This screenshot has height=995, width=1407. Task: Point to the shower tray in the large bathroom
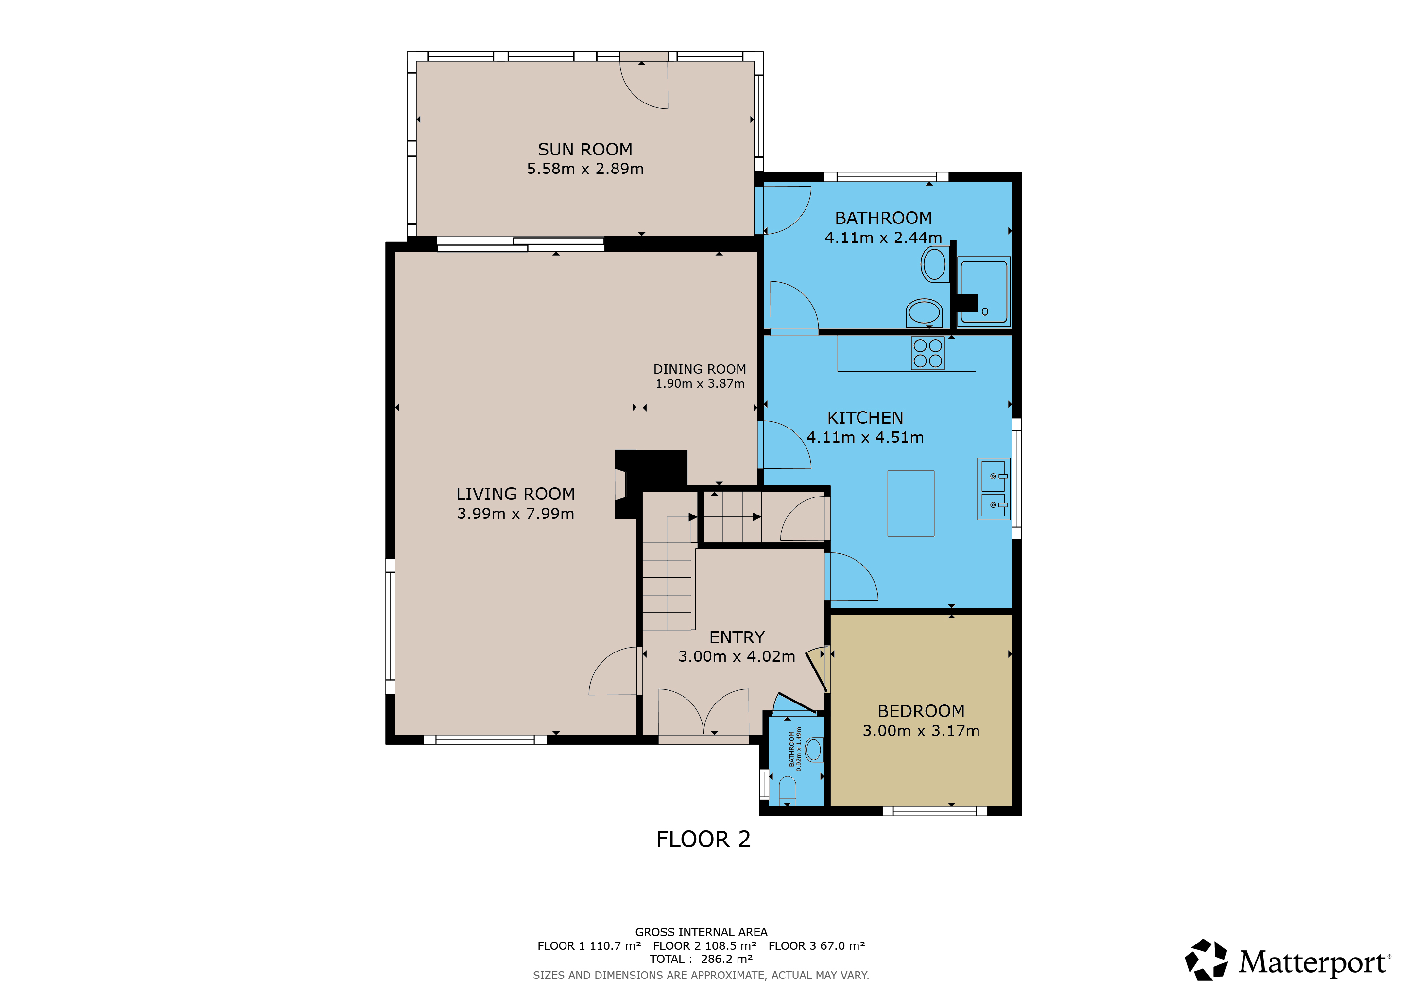click(983, 292)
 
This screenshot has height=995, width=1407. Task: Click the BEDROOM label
click(921, 711)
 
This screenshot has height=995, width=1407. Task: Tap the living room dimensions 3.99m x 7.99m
click(515, 514)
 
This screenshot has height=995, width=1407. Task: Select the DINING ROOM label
click(699, 369)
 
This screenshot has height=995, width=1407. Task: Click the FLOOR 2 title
click(703, 839)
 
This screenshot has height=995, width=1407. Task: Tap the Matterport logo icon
click(1206, 960)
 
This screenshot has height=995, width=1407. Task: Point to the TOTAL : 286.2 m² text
click(701, 959)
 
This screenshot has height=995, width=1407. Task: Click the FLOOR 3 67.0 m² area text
click(816, 945)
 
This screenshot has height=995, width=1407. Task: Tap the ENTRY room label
click(737, 637)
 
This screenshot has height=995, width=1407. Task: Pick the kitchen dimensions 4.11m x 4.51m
click(865, 437)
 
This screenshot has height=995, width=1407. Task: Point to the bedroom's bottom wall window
click(935, 811)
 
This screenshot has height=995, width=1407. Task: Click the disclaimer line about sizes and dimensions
click(701, 975)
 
